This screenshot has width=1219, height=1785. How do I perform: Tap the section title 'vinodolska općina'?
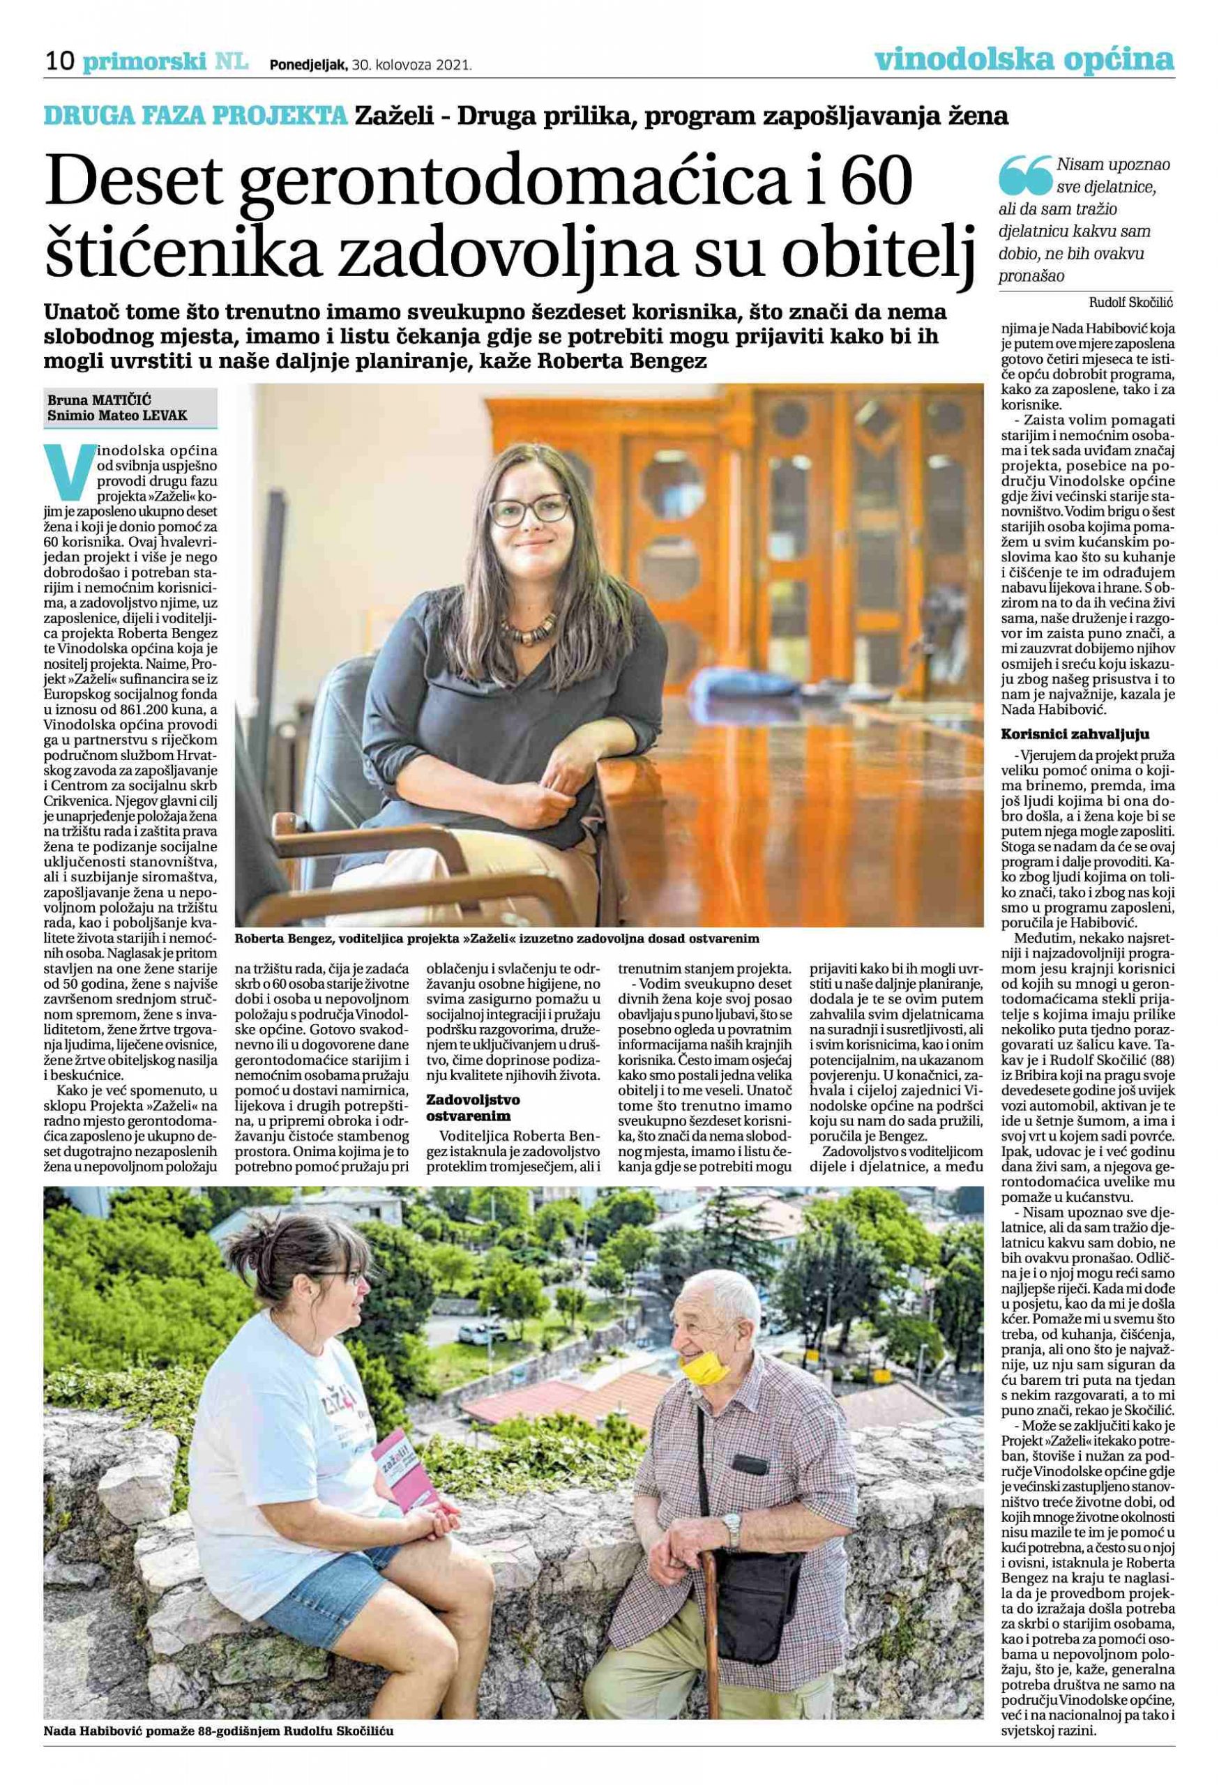click(x=1024, y=59)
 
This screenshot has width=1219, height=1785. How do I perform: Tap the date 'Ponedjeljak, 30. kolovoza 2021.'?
click(x=370, y=66)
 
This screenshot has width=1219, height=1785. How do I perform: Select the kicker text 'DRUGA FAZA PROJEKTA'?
click(x=195, y=116)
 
